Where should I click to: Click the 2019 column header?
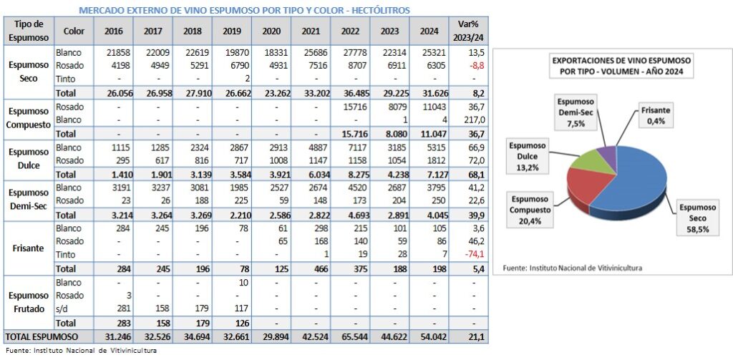click(232, 31)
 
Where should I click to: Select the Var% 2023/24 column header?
click(469, 31)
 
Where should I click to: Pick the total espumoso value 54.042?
click(428, 336)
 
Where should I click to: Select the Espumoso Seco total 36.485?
click(349, 93)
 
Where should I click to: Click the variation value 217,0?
click(472, 120)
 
